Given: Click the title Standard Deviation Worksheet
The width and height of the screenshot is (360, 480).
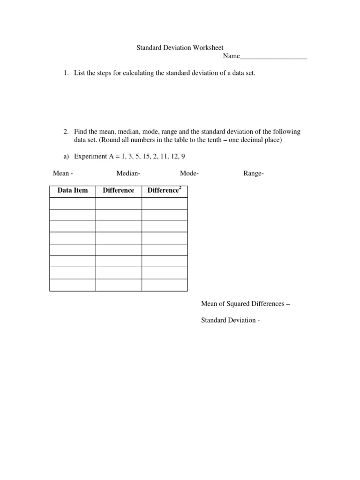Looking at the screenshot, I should pyautogui.click(x=180, y=48).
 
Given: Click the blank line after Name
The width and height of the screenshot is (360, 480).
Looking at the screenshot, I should pyautogui.click(x=273, y=56).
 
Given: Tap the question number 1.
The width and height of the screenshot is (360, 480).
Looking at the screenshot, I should pyautogui.click(x=66, y=74).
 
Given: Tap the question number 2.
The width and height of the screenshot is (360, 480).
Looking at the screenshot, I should pyautogui.click(x=66, y=132).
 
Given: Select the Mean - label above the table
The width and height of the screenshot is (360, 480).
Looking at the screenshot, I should pyautogui.click(x=63, y=173).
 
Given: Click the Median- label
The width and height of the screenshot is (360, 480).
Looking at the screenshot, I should pyautogui.click(x=128, y=173).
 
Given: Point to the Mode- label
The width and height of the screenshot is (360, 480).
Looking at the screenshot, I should pyautogui.click(x=189, y=173).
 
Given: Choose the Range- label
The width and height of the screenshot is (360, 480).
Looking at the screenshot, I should pyautogui.click(x=254, y=173).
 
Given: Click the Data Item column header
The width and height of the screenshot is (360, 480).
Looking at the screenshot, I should pyautogui.click(x=73, y=190).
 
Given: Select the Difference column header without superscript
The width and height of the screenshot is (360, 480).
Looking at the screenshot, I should pyautogui.click(x=118, y=190).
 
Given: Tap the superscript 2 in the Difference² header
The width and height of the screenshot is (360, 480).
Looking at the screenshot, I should pyautogui.click(x=180, y=187).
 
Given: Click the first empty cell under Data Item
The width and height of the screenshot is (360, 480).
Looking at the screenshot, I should pyautogui.click(x=73, y=203).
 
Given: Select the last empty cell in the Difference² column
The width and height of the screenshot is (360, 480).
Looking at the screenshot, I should pyautogui.click(x=164, y=285).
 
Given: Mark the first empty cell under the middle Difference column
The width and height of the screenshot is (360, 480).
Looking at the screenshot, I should pyautogui.click(x=119, y=203).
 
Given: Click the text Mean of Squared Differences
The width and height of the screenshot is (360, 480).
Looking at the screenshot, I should pyautogui.click(x=242, y=304).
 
